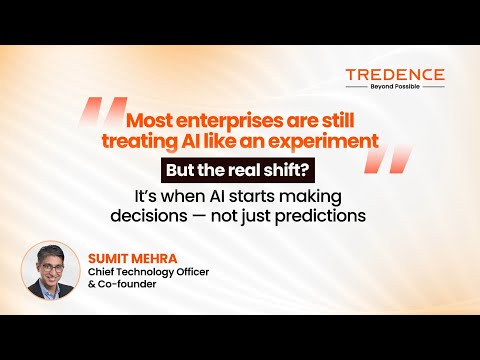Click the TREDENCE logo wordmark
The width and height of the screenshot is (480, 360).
[x=395, y=75]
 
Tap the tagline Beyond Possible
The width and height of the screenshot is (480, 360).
[x=395, y=87]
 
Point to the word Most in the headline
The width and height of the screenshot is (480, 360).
[x=149, y=120]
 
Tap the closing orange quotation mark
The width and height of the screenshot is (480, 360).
[x=388, y=159]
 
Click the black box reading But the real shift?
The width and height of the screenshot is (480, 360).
[x=238, y=170]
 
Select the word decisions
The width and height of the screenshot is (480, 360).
[x=149, y=216]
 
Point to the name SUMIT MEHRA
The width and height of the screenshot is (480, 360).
[x=133, y=259]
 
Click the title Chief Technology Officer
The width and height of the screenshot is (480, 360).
[x=148, y=272]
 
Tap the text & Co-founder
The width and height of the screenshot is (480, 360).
[x=122, y=284]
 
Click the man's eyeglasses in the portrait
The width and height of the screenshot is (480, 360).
[x=52, y=268]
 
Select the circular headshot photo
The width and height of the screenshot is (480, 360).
[x=51, y=270]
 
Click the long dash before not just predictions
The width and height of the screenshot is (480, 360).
[x=198, y=216]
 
